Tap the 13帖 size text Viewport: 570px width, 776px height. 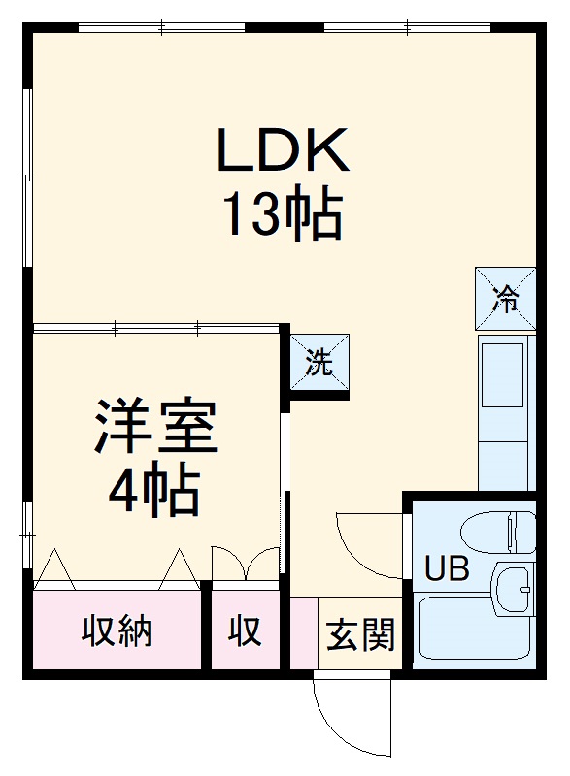pos(283,215)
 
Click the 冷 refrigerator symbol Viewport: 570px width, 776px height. pos(505,298)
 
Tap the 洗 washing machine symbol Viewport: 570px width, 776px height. pos(319,364)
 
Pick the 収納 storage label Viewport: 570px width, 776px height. pos(117,631)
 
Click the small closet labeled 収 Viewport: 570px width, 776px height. pos(245,631)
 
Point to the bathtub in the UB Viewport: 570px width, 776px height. pos(474,634)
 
